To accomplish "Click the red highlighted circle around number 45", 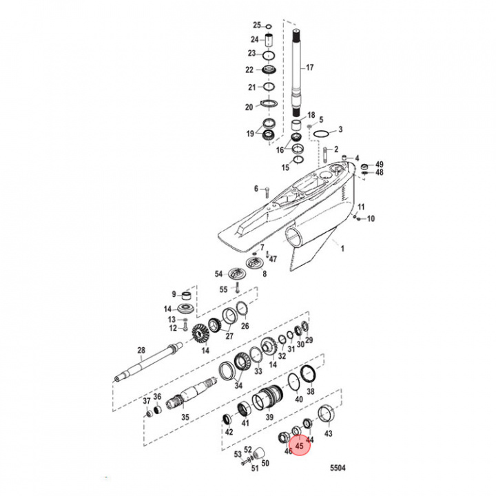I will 299,446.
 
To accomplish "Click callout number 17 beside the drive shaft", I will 309,68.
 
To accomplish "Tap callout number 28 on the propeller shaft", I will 141,351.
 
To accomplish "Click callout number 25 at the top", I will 256,25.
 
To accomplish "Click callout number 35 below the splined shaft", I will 184,417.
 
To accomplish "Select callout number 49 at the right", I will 379,165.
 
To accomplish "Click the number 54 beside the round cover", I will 218,273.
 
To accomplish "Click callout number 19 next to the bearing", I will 250,134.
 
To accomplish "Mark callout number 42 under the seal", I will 229,433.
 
